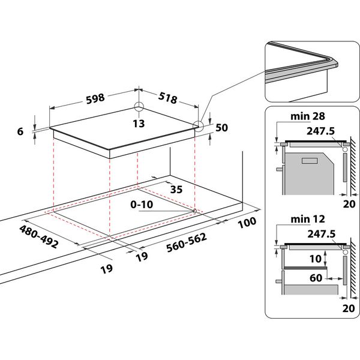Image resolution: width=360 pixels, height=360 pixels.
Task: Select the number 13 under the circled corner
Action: pos(139,124)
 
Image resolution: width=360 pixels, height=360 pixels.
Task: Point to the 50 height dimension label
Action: pos(221,127)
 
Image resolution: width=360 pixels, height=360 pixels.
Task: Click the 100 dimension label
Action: pos(247,221)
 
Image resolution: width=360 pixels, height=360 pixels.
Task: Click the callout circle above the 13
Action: pos(139,107)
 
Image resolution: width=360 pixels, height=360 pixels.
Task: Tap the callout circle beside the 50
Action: pos(198,125)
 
